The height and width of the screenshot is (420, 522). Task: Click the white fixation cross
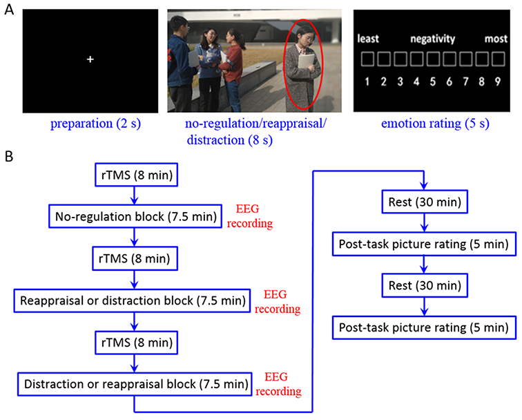click(x=90, y=60)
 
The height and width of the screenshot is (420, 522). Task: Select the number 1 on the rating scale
click(x=367, y=82)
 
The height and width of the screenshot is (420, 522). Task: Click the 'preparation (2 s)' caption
click(x=89, y=125)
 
